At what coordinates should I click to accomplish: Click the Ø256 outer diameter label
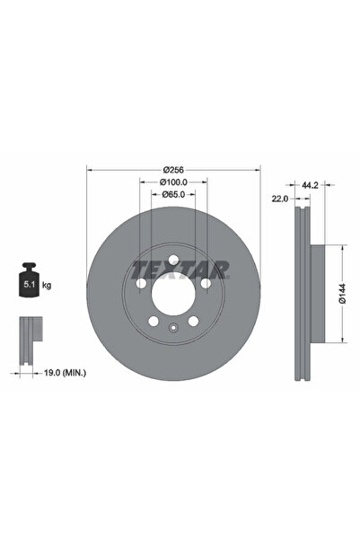click(174, 169)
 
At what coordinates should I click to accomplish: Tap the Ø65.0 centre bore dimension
click(174, 194)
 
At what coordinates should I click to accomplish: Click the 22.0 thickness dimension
click(279, 199)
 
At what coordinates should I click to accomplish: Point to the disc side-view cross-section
click(303, 292)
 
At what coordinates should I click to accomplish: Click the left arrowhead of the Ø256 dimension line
click(89, 169)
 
